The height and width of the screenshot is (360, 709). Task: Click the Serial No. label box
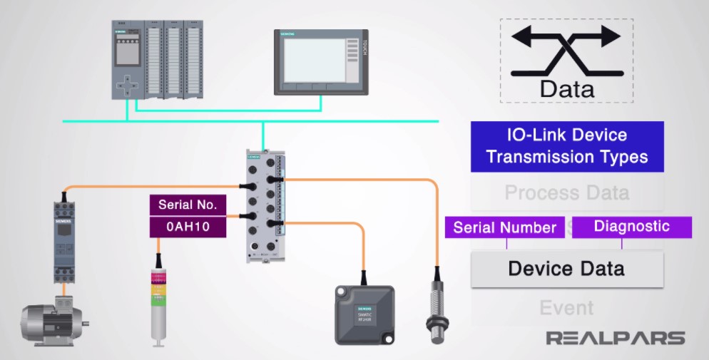[188, 205]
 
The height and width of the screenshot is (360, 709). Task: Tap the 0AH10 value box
[188, 227]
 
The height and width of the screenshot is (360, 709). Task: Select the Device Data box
[566, 269]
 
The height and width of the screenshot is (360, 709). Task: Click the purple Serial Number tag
[505, 227]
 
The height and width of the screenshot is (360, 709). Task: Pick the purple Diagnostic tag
[631, 227]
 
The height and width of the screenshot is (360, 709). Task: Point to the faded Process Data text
[566, 192]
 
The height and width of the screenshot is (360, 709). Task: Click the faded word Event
[566, 308]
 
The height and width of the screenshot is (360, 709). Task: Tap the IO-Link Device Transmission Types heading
[566, 146]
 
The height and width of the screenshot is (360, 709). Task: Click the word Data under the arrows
[567, 89]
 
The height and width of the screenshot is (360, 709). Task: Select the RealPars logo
[615, 338]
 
